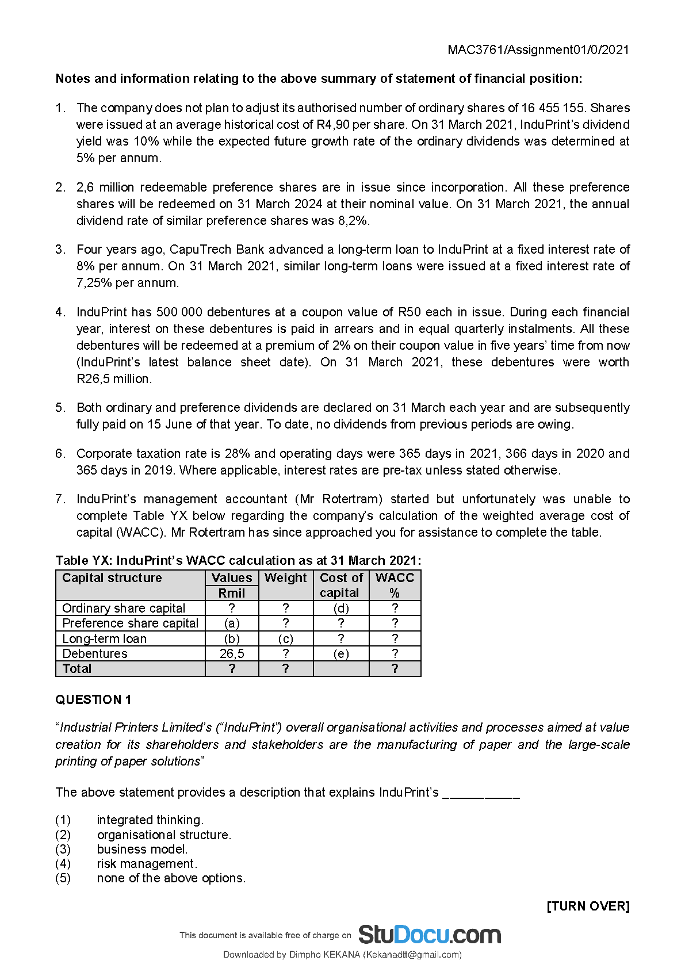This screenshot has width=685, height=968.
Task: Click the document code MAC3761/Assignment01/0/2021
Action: pos(538,49)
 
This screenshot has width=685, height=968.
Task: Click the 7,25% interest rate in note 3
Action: pos(94,282)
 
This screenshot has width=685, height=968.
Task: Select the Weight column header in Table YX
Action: pos(286,578)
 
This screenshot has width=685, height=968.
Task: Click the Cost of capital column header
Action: pos(341,585)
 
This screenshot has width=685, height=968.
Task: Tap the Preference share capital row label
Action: pos(130,623)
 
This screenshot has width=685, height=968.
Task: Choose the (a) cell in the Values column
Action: pos(232,623)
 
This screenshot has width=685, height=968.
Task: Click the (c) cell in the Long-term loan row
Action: pos(286,638)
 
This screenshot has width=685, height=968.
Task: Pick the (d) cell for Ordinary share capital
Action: pos(341,608)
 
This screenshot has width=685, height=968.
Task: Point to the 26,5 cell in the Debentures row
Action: pos(232,653)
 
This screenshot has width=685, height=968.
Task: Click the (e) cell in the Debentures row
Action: pos(341,653)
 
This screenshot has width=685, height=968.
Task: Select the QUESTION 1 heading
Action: pos(93,699)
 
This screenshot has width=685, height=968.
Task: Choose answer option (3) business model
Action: pos(142,849)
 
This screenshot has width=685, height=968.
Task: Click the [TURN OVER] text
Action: pos(588,906)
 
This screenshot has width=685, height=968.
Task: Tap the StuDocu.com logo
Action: pos(429,935)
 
